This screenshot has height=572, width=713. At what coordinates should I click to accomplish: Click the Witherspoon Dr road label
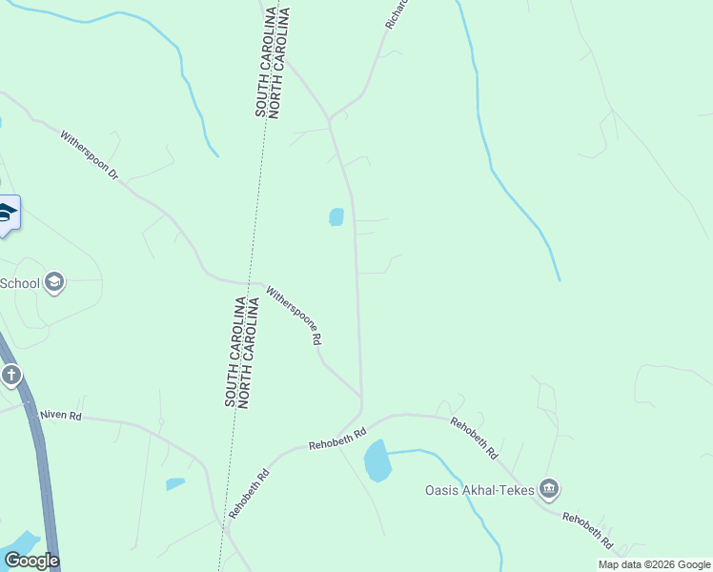[x=88, y=156]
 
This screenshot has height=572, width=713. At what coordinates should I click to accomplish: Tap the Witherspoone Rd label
[x=294, y=315]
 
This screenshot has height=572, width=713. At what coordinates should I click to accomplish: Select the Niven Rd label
[x=61, y=416]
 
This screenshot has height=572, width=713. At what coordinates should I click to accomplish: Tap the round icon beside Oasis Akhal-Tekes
[x=548, y=490]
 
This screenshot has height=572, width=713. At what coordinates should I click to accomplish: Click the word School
[x=20, y=282]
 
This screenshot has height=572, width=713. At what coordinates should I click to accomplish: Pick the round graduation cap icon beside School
[x=54, y=282]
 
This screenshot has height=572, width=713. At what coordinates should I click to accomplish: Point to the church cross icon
[x=10, y=375]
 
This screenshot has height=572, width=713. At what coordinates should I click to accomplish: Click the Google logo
[x=31, y=561]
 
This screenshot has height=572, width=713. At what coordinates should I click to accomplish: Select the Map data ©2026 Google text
[x=654, y=564]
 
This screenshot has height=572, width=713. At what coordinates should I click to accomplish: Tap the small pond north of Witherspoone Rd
[x=336, y=217]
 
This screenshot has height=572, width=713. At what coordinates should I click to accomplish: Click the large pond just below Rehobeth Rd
[x=377, y=460]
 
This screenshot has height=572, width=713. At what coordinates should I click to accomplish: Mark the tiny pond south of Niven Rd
[x=175, y=484]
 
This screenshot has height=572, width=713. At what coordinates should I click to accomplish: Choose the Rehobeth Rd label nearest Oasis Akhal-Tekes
[x=474, y=439]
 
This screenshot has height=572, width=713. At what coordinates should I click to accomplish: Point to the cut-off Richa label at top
[x=397, y=13]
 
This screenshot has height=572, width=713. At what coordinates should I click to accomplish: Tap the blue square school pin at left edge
[x=8, y=214]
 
